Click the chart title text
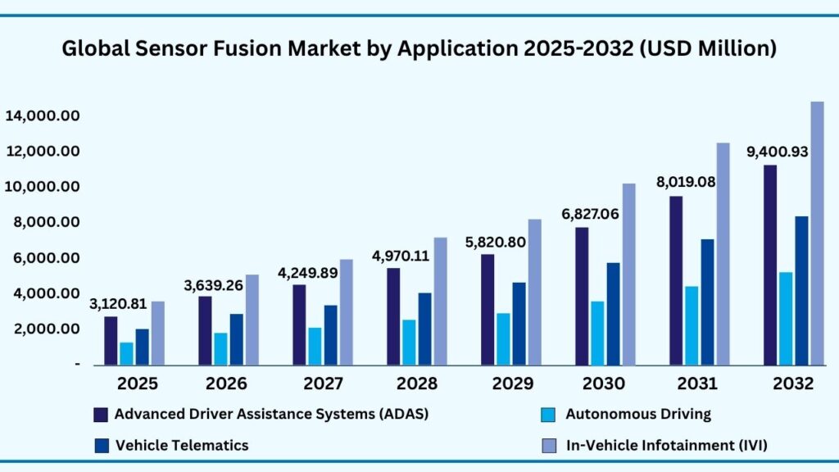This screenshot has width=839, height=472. tap(419, 48)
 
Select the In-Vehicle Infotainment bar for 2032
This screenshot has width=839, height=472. tap(817, 234)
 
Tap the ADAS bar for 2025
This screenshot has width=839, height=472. tap(111, 340)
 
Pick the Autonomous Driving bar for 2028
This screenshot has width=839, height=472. tap(410, 342)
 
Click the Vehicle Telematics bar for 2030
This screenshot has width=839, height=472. tap(614, 313)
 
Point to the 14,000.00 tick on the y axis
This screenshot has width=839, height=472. tap(43, 116)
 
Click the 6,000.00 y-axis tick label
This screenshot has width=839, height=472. tap(43, 258)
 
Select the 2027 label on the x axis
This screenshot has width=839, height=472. tap(323, 383)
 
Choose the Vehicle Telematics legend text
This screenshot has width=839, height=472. tap(182, 445)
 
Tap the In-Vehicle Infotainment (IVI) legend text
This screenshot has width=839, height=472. tap(666, 445)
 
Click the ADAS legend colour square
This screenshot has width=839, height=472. tap(102, 415)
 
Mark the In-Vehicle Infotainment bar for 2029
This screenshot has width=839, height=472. tap(535, 292)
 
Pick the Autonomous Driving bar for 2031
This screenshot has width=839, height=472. tap(692, 325)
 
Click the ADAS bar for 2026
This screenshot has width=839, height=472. tap(205, 330)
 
